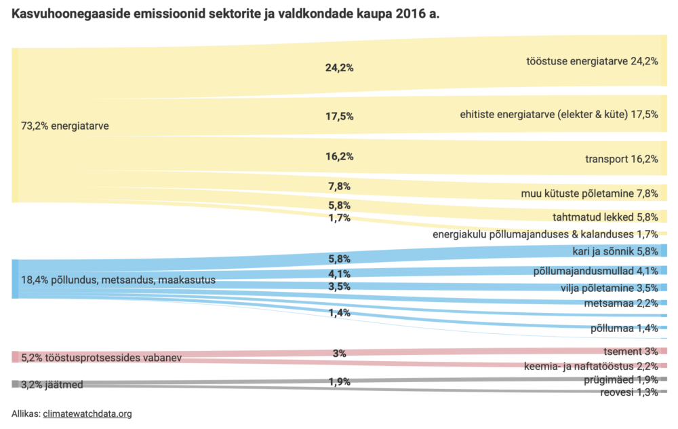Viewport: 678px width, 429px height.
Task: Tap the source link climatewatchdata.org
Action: [87, 413]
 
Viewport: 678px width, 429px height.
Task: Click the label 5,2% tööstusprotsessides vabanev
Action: [101, 357]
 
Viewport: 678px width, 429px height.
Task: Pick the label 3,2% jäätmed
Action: [52, 385]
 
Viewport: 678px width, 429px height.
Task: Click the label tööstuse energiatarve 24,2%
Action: [592, 60]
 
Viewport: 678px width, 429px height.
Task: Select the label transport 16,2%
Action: [622, 160]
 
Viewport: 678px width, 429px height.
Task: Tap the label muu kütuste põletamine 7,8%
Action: [589, 193]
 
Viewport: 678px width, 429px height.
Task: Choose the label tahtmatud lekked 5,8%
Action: [605, 217]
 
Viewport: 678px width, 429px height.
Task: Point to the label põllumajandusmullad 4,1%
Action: [596, 271]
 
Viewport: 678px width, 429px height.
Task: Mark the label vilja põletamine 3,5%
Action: [609, 287]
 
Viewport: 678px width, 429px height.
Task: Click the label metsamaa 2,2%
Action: [621, 303]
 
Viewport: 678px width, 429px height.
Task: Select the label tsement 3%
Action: [631, 351]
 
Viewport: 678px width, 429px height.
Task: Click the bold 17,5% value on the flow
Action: [339, 116]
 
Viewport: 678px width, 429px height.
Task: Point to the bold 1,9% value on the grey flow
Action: [339, 382]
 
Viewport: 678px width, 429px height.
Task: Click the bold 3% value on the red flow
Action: [339, 353]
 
